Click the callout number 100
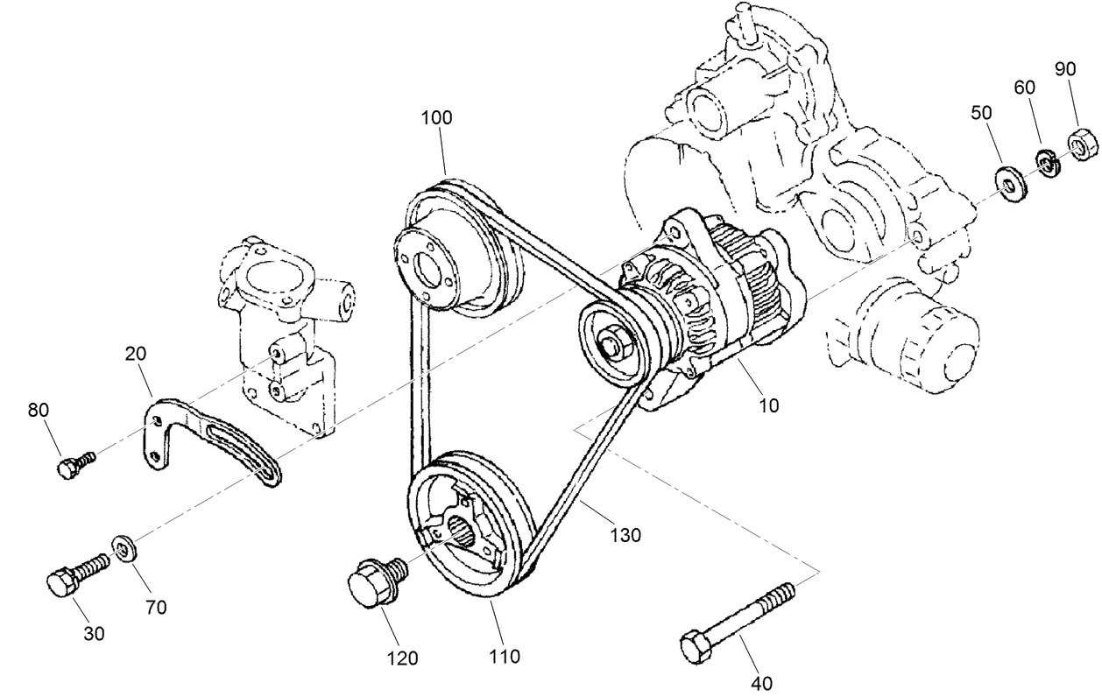pyautogui.click(x=436, y=118)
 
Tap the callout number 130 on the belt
pyautogui.click(x=625, y=534)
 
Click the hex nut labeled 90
pyautogui.click(x=1078, y=141)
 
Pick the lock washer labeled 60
pyautogui.click(x=1045, y=162)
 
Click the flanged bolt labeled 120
pyautogui.click(x=374, y=580)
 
